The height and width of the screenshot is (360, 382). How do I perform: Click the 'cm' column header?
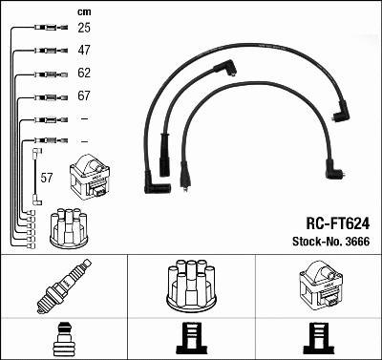83,11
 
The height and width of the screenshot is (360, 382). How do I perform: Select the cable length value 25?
84,29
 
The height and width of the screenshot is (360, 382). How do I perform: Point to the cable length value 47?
84,51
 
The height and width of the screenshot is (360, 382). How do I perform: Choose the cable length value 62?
84,74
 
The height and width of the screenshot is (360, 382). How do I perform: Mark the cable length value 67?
84,96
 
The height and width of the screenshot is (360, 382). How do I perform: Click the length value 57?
48,179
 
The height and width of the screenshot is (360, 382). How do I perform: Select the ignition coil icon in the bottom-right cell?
318,285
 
